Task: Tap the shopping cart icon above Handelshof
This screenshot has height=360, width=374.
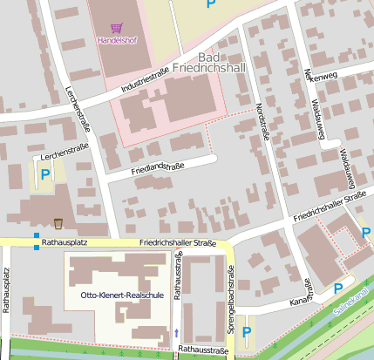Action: point(116,28)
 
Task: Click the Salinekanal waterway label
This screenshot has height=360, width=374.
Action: point(351,297)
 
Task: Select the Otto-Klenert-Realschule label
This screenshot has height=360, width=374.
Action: point(122,295)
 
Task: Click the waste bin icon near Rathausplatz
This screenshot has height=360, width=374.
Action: point(58,221)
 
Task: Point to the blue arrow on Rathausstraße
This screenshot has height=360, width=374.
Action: point(177,332)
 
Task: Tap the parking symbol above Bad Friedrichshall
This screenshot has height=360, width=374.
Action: point(210,4)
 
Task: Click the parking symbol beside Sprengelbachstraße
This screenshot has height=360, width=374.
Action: point(247,331)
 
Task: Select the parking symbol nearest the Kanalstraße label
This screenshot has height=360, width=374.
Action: point(338,289)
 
